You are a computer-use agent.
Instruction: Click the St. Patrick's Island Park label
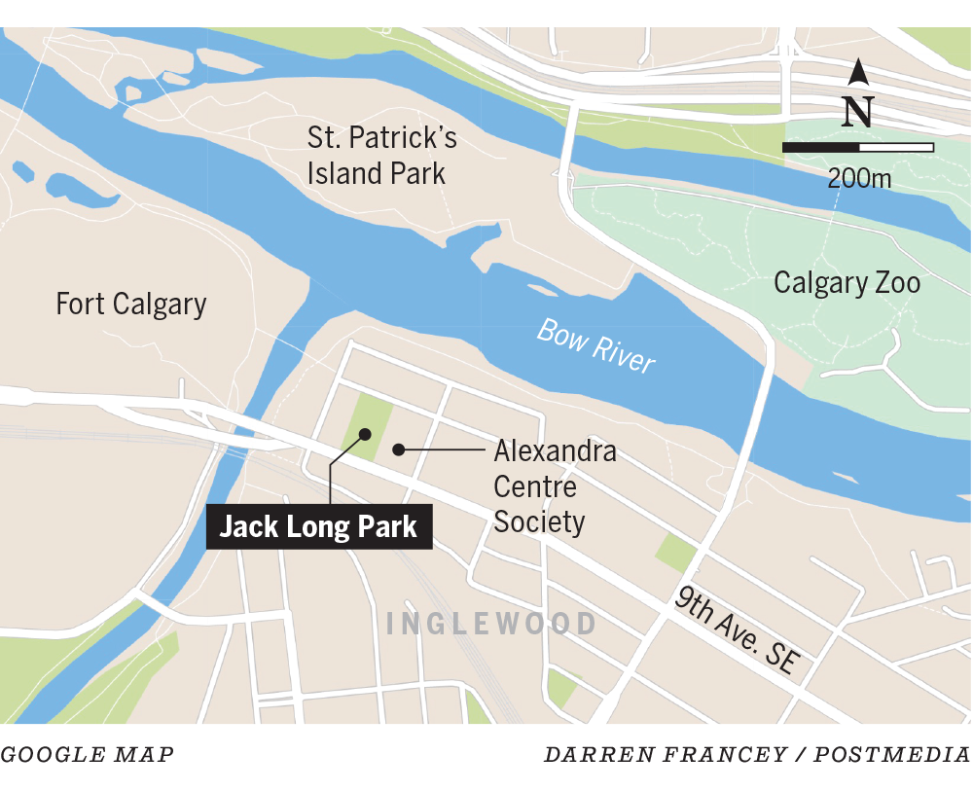381,156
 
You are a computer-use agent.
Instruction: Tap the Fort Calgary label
131,304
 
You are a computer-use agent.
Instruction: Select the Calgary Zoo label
847,283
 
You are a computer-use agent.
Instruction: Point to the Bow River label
596,346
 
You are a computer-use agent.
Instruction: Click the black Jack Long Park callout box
318,527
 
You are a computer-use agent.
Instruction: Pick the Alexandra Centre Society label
554,486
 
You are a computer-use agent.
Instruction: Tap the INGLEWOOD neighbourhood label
491,624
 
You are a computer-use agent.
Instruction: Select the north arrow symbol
858,73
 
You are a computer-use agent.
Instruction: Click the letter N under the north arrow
857,111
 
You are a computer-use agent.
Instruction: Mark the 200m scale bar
858,148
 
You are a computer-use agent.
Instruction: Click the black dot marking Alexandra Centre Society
398,449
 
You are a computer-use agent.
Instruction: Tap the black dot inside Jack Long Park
365,434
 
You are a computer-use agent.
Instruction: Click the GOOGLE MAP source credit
88,754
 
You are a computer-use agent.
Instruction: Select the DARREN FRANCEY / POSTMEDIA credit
757,754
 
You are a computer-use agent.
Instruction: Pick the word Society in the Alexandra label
539,522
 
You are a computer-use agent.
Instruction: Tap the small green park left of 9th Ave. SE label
675,553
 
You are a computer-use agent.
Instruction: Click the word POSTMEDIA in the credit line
893,754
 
